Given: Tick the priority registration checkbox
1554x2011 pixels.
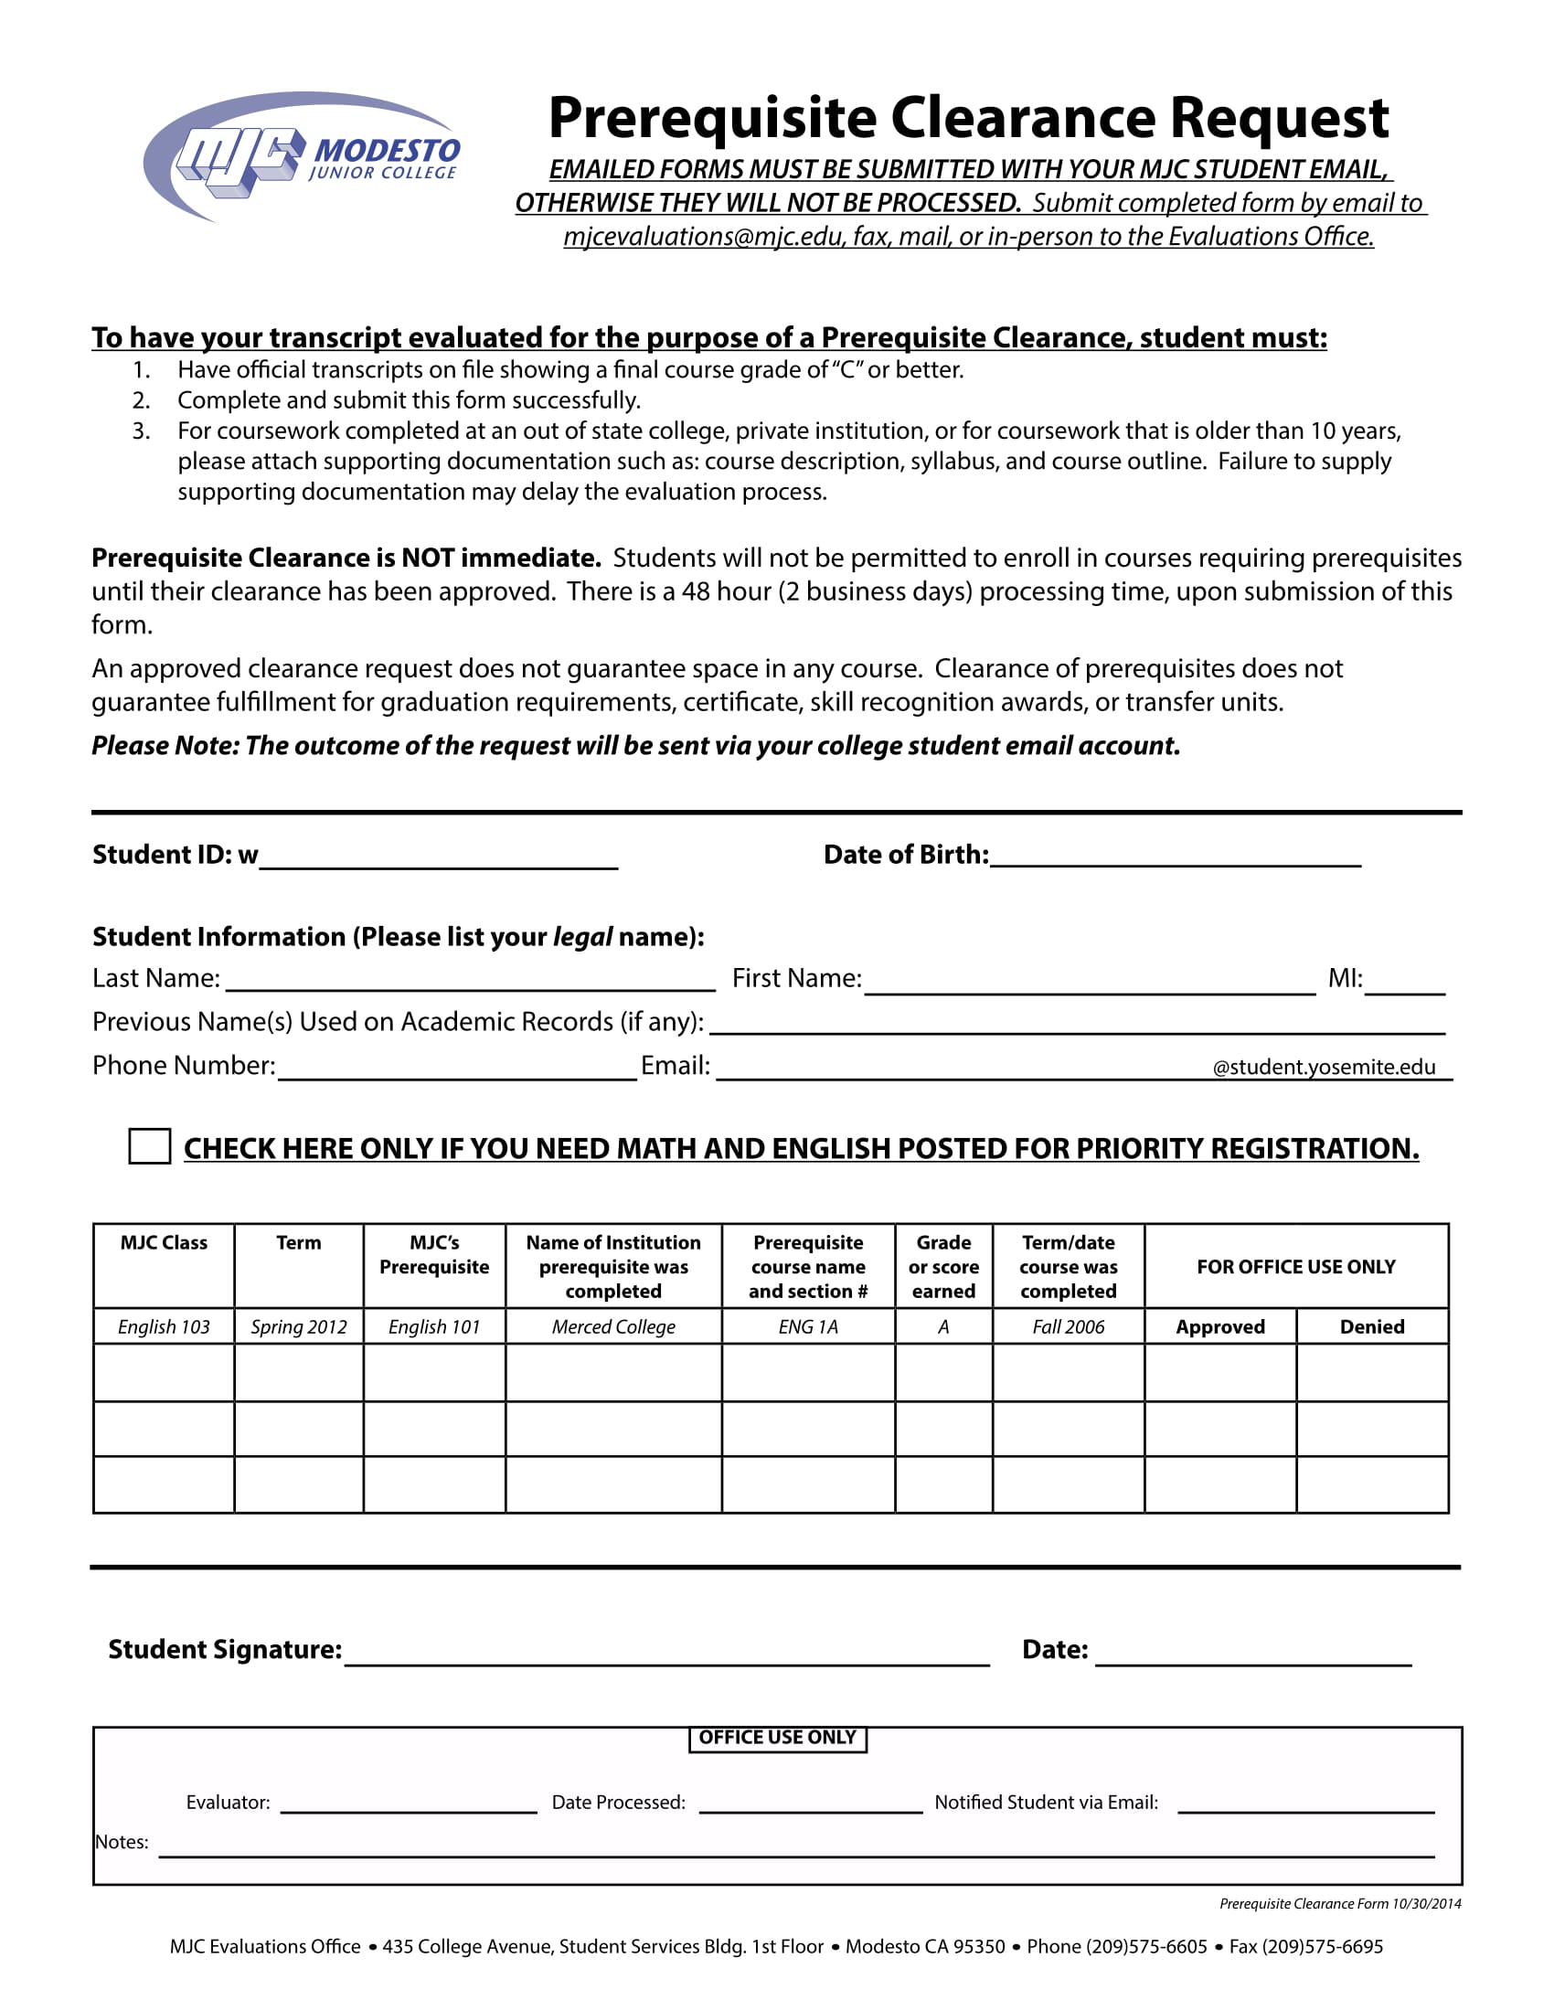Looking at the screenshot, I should (x=149, y=1146).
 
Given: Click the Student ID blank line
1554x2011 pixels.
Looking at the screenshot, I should (x=438, y=858).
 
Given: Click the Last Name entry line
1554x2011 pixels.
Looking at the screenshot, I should (x=471, y=981).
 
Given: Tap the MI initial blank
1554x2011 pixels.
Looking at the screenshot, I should (x=1405, y=984).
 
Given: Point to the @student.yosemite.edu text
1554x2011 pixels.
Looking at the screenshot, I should (x=1324, y=1067).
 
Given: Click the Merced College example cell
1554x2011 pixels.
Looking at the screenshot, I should (x=613, y=1327).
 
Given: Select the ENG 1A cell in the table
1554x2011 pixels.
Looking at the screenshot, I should (x=808, y=1327).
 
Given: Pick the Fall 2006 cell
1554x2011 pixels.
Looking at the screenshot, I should (x=1068, y=1327).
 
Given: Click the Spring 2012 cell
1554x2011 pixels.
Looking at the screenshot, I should (x=299, y=1327).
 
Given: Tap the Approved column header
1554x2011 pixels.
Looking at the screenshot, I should (x=1219, y=1327).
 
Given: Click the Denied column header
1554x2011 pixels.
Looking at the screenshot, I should (x=1372, y=1327).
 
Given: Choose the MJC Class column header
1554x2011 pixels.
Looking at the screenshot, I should (x=164, y=1243).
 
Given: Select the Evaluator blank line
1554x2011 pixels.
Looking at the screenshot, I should (x=408, y=1803).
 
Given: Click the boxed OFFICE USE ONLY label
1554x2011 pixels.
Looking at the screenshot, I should (x=778, y=1738).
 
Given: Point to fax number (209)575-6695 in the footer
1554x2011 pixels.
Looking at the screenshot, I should (x=1322, y=1946).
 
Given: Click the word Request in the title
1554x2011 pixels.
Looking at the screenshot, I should (x=1279, y=118).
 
